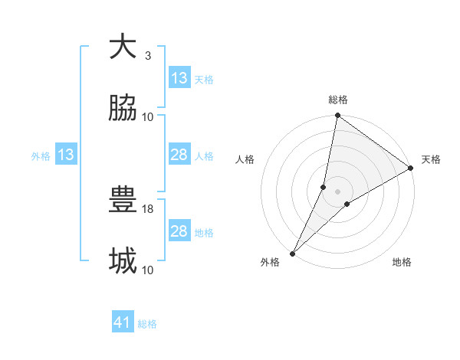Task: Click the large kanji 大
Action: (x=123, y=47)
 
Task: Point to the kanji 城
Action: (x=123, y=261)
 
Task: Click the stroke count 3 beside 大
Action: (x=148, y=55)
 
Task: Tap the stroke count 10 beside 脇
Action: (x=148, y=116)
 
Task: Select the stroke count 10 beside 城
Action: (x=148, y=270)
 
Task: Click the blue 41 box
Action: (x=123, y=323)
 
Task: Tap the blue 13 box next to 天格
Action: (x=179, y=78)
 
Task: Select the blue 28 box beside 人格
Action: (x=179, y=155)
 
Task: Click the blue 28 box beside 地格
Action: (x=179, y=231)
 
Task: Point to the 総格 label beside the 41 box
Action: (x=147, y=324)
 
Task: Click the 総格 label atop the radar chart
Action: (x=338, y=100)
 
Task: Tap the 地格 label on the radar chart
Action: (x=402, y=263)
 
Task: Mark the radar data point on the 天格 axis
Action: (x=411, y=169)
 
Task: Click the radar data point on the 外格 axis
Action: (x=293, y=253)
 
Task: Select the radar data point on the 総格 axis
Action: (x=338, y=116)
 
